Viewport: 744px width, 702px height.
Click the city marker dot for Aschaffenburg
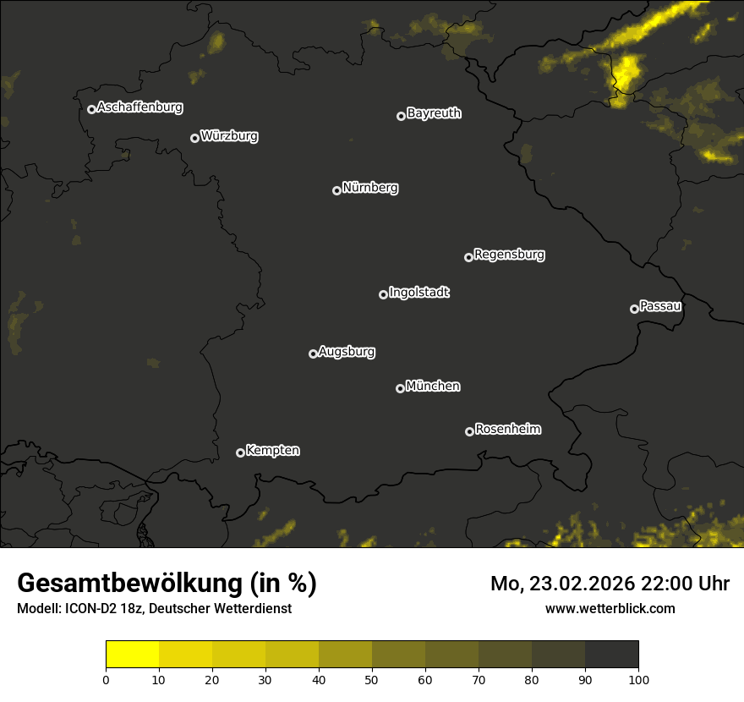[x=91, y=109]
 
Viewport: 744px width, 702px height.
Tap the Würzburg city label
[x=229, y=136]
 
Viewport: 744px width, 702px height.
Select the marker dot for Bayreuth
[x=401, y=116]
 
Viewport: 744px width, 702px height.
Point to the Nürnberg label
[x=370, y=188]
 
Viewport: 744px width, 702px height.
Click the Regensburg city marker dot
[x=468, y=257]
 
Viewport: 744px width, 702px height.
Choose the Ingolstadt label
[x=419, y=293]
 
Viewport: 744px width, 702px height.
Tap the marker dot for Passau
[x=634, y=309]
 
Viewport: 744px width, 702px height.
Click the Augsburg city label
[x=347, y=352]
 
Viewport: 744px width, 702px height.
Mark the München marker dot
[x=400, y=388]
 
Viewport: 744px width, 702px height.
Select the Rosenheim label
[x=507, y=430]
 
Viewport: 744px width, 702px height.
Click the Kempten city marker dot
[x=240, y=452]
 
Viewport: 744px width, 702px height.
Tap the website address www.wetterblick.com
[x=610, y=608]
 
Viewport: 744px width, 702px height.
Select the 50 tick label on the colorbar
[x=372, y=679]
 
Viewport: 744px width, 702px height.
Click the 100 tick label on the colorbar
[x=638, y=679]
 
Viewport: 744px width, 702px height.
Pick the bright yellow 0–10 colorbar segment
[x=133, y=655]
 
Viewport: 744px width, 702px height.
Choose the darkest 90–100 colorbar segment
[x=611, y=655]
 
